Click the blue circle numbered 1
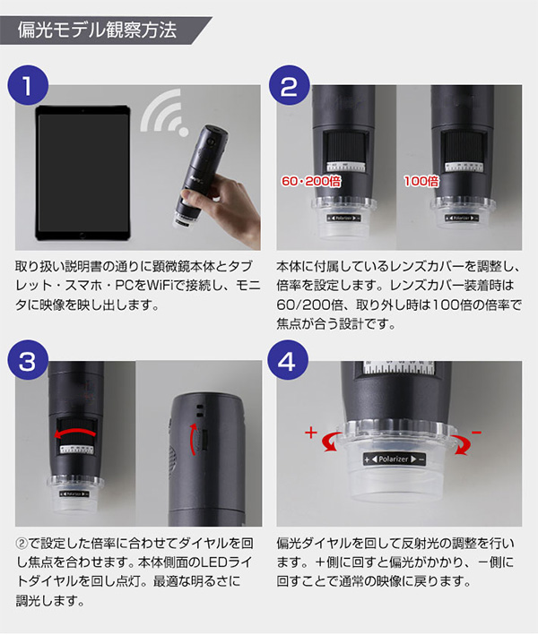(x=28, y=85)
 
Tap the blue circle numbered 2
(x=289, y=85)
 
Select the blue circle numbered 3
(x=28, y=360)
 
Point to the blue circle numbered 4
(x=288, y=360)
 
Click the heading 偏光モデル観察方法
(x=98, y=30)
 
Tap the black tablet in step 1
(x=83, y=173)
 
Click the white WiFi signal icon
(x=164, y=113)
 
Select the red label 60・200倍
(x=311, y=181)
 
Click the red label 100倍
(x=421, y=181)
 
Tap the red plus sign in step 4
(x=311, y=433)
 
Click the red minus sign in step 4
(x=476, y=433)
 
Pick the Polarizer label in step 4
(x=395, y=459)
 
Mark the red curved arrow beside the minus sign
(x=462, y=444)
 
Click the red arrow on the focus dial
(x=75, y=433)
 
